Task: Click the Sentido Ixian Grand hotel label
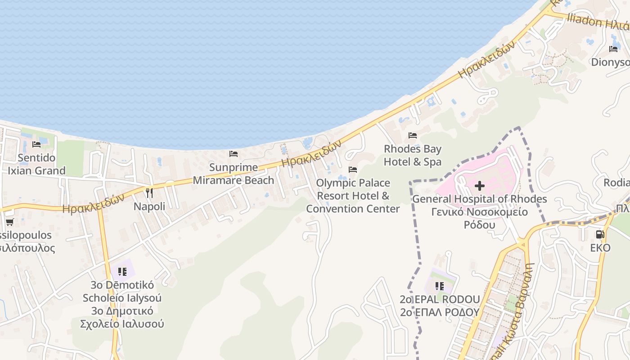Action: (37, 164)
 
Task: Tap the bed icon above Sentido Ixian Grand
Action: (36, 144)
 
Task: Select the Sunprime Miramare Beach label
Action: (233, 174)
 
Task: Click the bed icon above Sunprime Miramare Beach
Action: (234, 154)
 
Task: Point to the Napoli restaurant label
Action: (149, 207)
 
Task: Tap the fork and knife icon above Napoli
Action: (149, 193)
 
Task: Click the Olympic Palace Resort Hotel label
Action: (353, 196)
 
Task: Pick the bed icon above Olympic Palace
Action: (353, 170)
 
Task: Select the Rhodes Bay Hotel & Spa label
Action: (412, 155)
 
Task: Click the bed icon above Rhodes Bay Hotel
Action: (412, 135)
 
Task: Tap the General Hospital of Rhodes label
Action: (479, 199)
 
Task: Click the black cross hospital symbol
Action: (480, 185)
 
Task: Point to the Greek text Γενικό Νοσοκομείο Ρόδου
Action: (479, 218)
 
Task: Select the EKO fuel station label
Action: (600, 248)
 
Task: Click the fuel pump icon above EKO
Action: (600, 234)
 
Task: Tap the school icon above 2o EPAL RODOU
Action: (440, 286)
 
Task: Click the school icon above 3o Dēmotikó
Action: (122, 272)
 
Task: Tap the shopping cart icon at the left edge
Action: (9, 222)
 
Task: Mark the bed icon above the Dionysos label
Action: (613, 49)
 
